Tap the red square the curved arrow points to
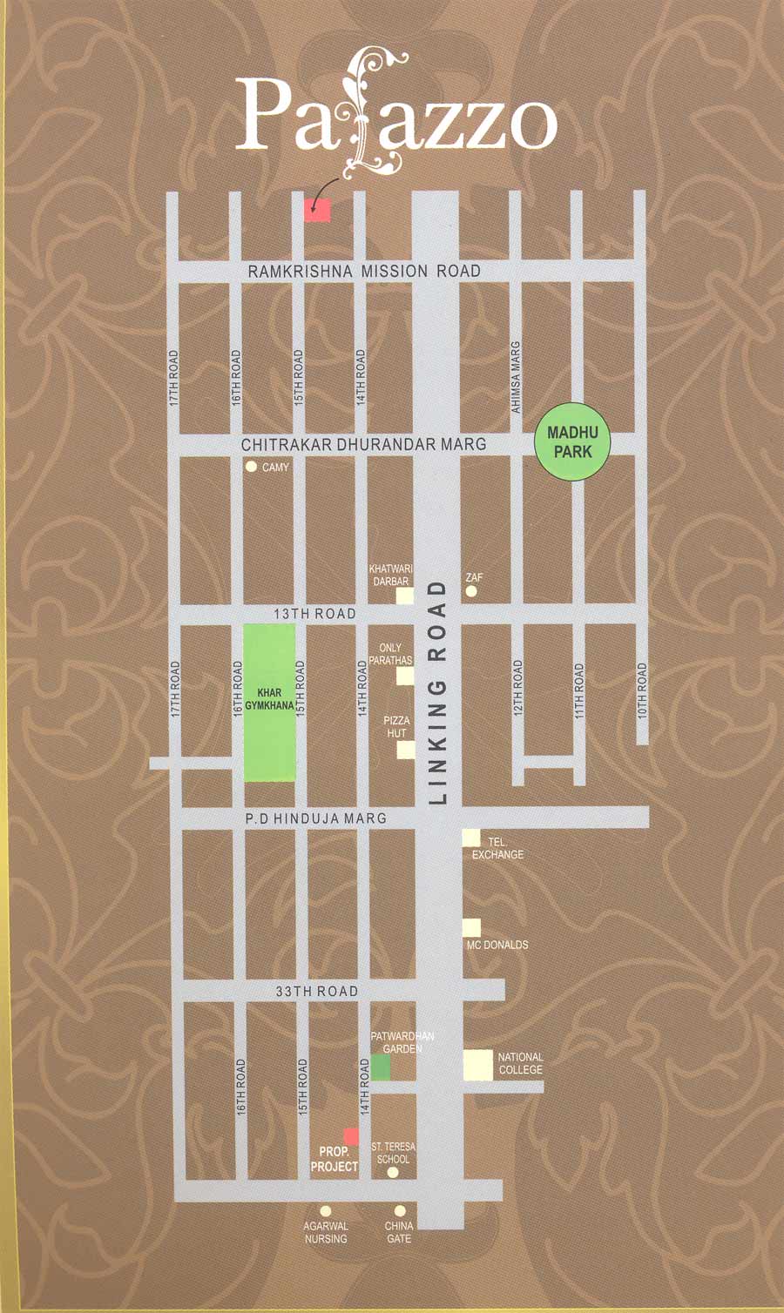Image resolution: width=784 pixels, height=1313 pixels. pyautogui.click(x=317, y=210)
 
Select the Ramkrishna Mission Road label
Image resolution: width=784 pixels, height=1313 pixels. pyautogui.click(x=364, y=272)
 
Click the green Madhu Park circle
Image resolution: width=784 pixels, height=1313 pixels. pyautogui.click(x=571, y=441)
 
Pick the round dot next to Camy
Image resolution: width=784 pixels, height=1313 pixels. pyautogui.click(x=252, y=467)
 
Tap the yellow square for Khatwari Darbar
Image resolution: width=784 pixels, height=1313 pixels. pyautogui.click(x=405, y=596)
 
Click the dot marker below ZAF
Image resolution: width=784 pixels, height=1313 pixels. pyautogui.click(x=471, y=591)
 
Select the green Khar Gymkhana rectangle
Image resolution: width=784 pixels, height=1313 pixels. pyautogui.click(x=269, y=702)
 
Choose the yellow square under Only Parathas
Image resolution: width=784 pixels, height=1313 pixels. pyautogui.click(x=405, y=677)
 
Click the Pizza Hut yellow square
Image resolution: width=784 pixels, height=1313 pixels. pyautogui.click(x=405, y=750)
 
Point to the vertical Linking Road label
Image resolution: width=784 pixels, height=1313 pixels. pyautogui.click(x=438, y=693)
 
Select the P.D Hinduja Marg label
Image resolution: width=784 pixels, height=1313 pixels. pyautogui.click(x=315, y=818)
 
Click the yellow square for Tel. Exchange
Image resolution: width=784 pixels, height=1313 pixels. pyautogui.click(x=471, y=838)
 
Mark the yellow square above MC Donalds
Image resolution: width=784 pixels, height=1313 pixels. pyautogui.click(x=471, y=927)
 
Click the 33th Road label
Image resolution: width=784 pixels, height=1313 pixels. pyautogui.click(x=316, y=991)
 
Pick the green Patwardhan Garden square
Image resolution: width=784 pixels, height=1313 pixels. pyautogui.click(x=381, y=1067)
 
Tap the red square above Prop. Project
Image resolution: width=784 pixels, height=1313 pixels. pyautogui.click(x=351, y=1136)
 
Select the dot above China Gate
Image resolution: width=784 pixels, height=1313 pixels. pyautogui.click(x=400, y=1211)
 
